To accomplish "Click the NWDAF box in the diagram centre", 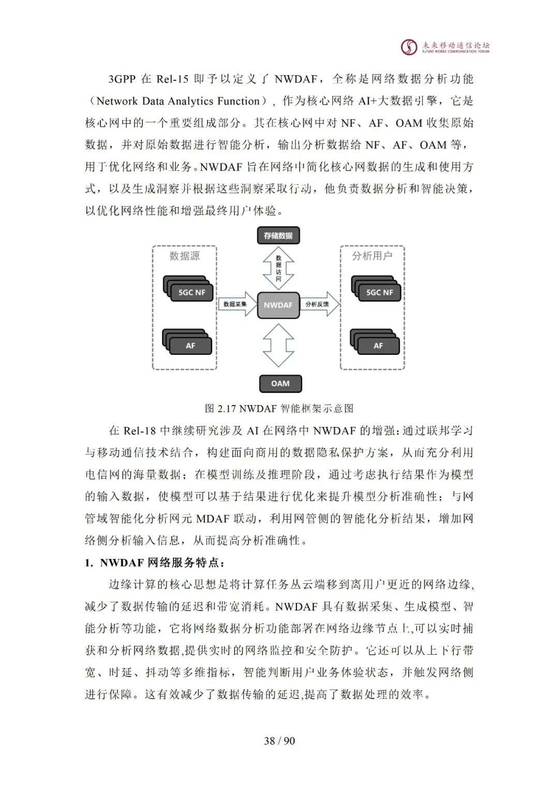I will coord(278,305).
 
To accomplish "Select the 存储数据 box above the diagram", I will coord(278,236).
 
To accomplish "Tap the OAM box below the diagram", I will coord(280,383).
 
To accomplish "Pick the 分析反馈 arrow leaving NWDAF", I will coord(319,305).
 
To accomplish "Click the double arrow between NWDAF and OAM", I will coord(278,346).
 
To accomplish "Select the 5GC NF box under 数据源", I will coord(192,293).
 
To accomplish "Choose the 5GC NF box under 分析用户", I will coord(379,293).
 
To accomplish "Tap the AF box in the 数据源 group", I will coord(190,346).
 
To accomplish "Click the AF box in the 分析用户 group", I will coord(378,346).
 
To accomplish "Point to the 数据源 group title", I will coord(184,256).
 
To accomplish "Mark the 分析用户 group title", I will coord(372,256).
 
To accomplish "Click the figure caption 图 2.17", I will coord(279,408).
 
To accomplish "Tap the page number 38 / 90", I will coord(279,741).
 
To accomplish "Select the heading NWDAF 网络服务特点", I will coord(155,563).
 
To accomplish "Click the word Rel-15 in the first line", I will coord(172,79).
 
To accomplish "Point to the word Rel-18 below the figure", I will coord(139,430).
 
